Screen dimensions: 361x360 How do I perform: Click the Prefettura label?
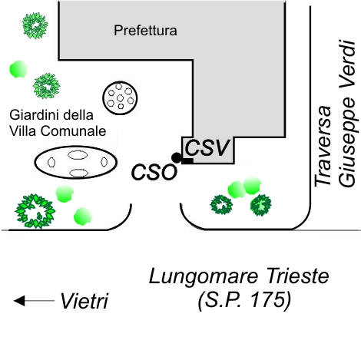click(x=145, y=31)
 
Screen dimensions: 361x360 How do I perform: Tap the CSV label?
click(x=207, y=148)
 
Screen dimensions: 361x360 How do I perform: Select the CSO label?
click(x=154, y=172)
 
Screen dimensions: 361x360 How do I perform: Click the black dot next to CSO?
click(x=176, y=157)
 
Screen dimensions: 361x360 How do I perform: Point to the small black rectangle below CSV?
click(x=187, y=161)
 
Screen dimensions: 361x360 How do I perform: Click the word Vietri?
click(x=84, y=301)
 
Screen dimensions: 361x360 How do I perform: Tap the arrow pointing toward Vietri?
click(x=34, y=301)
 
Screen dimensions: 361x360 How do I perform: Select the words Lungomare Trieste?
click(x=239, y=276)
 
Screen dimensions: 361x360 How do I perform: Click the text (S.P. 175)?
click(x=244, y=300)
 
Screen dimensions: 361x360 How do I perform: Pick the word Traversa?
click(x=323, y=146)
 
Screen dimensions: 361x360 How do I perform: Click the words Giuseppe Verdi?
click(x=347, y=114)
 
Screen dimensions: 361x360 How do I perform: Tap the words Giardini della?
click(x=51, y=115)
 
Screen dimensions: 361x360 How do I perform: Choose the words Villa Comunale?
click(x=58, y=130)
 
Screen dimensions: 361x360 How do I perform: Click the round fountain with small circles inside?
click(x=120, y=98)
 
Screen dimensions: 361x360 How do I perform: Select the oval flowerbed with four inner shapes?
click(x=76, y=162)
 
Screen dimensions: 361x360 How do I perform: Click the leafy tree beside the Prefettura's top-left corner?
click(x=35, y=26)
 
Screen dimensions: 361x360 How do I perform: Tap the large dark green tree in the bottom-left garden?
click(x=35, y=211)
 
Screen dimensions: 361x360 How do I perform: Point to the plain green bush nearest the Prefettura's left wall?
click(x=18, y=69)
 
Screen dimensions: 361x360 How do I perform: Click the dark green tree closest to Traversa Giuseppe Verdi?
click(x=260, y=205)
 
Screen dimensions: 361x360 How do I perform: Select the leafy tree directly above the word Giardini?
click(x=47, y=86)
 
